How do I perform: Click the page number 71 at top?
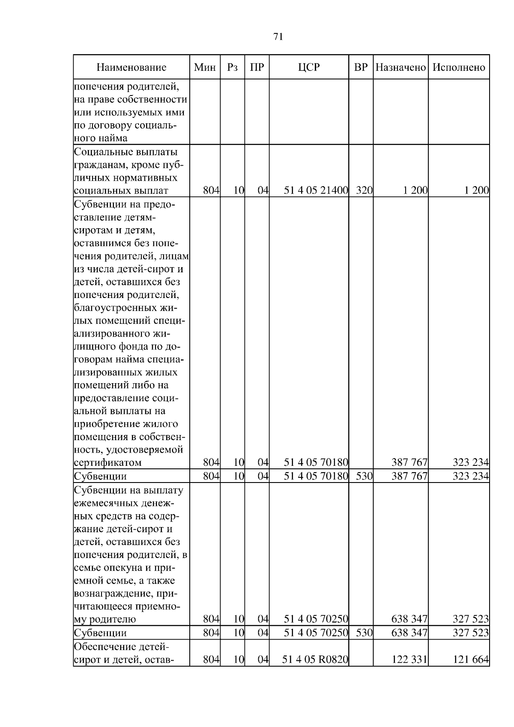pos(278,37)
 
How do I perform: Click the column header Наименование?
pos(131,67)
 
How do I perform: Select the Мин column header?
pos(205,67)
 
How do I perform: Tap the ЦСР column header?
pos(309,67)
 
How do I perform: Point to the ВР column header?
pos(361,67)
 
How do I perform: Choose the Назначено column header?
pos(400,67)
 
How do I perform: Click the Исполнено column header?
pos(459,67)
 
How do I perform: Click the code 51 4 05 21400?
pos(316,191)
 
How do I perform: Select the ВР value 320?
pos(364,191)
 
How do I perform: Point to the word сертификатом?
pos(108,462)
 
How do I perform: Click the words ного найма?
pos(101,138)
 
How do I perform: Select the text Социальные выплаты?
pos(126,152)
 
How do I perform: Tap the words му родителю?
pos(105,619)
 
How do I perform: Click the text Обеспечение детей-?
pos(122,647)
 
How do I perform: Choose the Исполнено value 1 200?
pos(477,191)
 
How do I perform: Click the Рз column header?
pos(233,67)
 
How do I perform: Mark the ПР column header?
pos(257,67)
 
